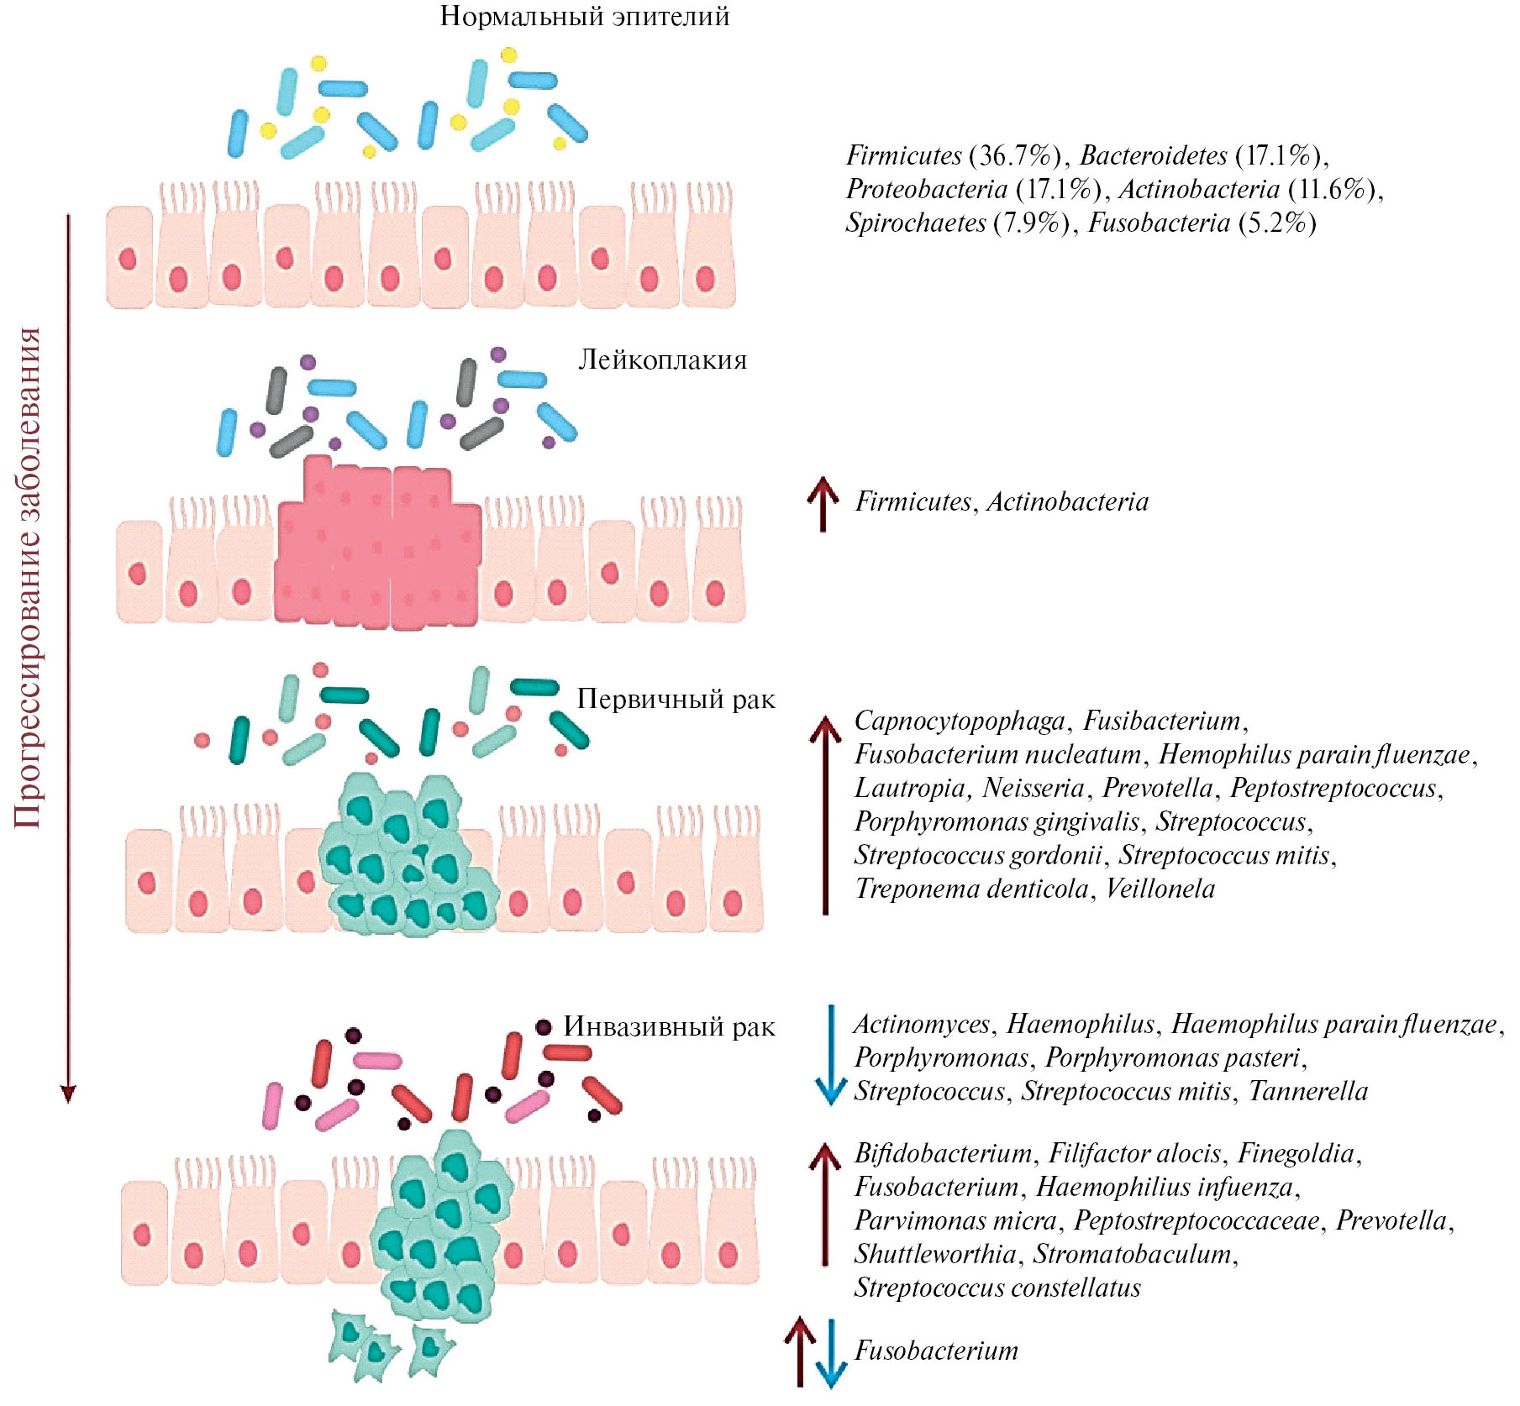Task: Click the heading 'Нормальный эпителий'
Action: pyautogui.click(x=584, y=16)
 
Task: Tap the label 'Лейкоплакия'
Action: pyautogui.click(x=662, y=360)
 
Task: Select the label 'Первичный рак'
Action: pyautogui.click(x=676, y=699)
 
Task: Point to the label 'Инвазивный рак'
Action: pyautogui.click(x=669, y=1026)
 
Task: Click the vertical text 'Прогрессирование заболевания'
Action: pyautogui.click(x=28, y=578)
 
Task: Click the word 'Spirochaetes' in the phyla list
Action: pyautogui.click(x=915, y=223)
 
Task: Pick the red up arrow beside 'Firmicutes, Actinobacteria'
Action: pyautogui.click(x=823, y=503)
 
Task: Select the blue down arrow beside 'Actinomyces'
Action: pyautogui.click(x=831, y=1055)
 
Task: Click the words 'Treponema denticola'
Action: pyautogui.click(x=970, y=889)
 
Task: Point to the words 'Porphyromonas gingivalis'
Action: pyautogui.click(x=997, y=821)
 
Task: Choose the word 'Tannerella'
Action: pyautogui.click(x=1308, y=1091)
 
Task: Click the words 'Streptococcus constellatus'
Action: pyautogui.click(x=997, y=1288)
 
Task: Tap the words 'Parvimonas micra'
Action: pyautogui.click(x=955, y=1220)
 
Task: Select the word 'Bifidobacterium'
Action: pyautogui.click(x=943, y=1153)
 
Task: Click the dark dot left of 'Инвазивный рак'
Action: pyautogui.click(x=544, y=1026)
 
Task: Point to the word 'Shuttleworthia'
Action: pyautogui.click(x=935, y=1254)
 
